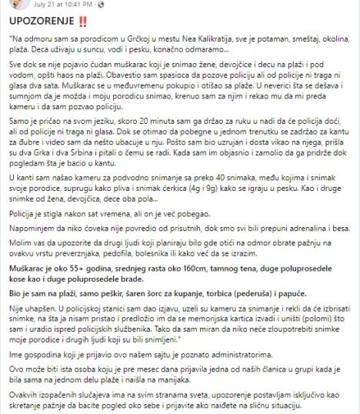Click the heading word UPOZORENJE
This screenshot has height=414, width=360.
coord(38,22)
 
